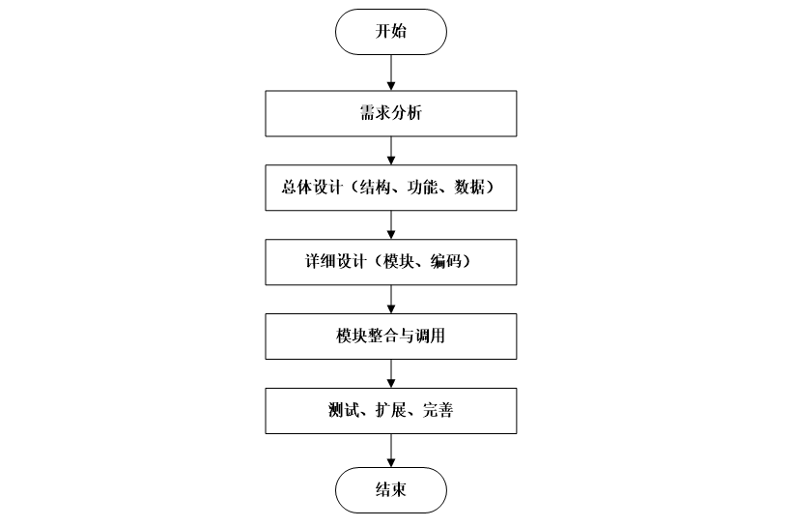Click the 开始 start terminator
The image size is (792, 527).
[x=390, y=31]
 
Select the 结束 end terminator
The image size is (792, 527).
[x=390, y=490]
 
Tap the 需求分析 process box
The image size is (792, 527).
[x=390, y=114]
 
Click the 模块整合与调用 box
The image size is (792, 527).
[x=390, y=338]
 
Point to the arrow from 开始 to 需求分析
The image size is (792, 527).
[x=390, y=73]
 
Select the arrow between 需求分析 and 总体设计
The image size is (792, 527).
[x=390, y=151]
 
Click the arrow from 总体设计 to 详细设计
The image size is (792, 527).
[x=390, y=225]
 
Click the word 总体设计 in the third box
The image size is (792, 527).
[x=309, y=189]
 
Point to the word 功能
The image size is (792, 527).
[x=418, y=189]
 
